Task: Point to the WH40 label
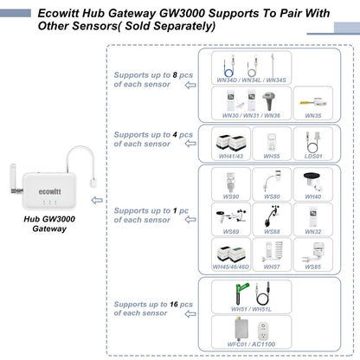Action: [312, 197]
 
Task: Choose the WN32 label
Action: [312, 232]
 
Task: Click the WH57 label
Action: [271, 267]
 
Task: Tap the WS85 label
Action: [312, 267]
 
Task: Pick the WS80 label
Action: [271, 197]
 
